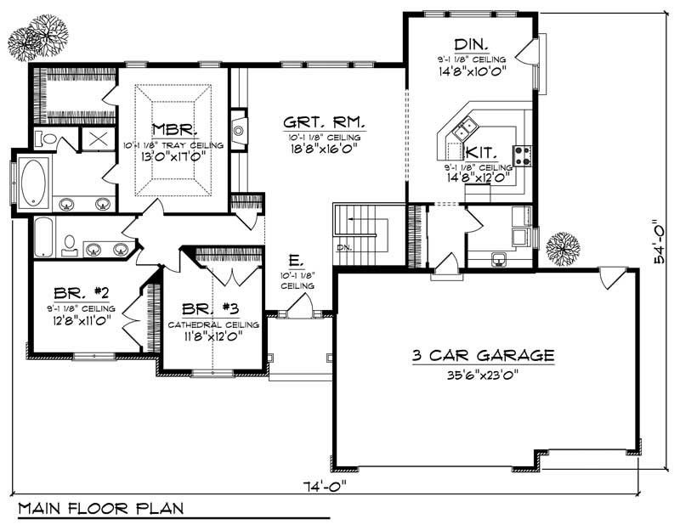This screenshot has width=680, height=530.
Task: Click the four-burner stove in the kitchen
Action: coord(523,155)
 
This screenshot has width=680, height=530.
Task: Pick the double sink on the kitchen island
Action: coord(464,130)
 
